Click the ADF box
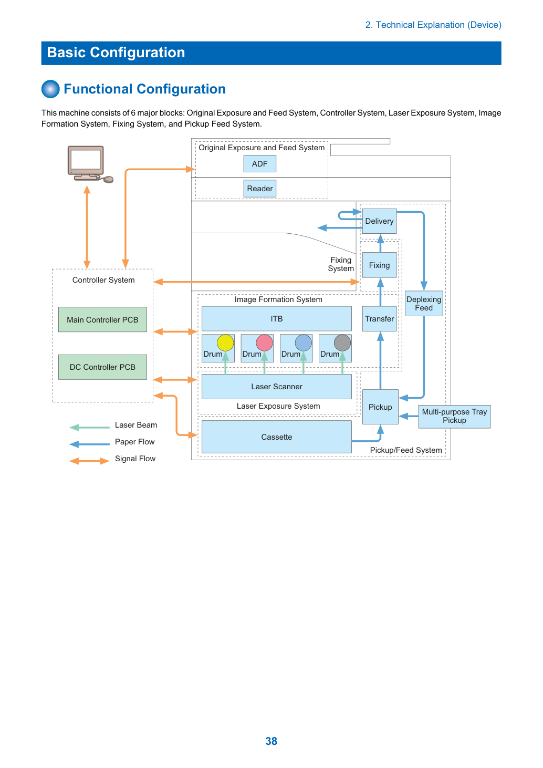tap(259, 163)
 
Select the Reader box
tap(259, 189)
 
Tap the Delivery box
tap(379, 221)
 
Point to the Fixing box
tap(379, 265)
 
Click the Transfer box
tap(379, 319)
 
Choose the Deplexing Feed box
tap(424, 304)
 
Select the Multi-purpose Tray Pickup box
tap(454, 417)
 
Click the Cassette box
tap(276, 437)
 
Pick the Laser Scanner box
tap(276, 387)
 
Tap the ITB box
tap(276, 319)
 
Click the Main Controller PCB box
tap(102, 319)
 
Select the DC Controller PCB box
tap(102, 367)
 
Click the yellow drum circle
tap(225, 343)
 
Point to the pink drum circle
tap(264, 343)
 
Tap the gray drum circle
tap(342, 343)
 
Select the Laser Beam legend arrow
tap(89, 427)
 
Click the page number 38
tap(271, 741)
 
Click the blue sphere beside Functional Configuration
tap(50, 89)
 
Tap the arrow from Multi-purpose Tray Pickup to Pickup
tap(408, 416)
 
